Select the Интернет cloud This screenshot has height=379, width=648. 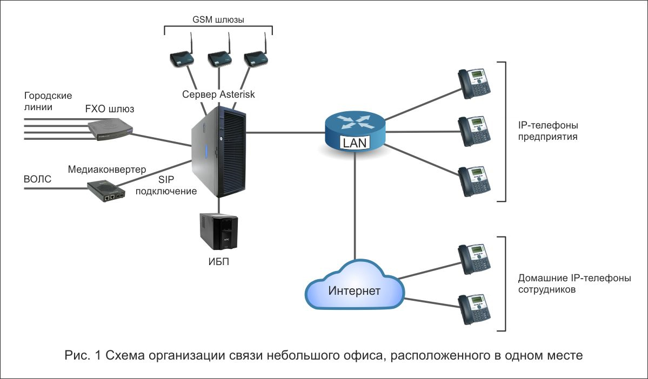pos(355,285)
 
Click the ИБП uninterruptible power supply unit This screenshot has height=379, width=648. pos(219,232)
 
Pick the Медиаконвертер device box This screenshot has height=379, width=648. pos(106,191)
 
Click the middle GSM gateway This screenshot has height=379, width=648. pos(219,58)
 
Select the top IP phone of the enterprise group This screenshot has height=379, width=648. pos(474,83)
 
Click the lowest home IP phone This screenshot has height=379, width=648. pos(474,309)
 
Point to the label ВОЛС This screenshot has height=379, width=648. pos(38,179)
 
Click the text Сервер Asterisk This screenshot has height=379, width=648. pos(219,94)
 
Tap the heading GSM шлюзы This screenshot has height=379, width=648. pos(218,19)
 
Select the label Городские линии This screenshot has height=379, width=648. pos(48,101)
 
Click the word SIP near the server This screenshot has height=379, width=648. pos(166,180)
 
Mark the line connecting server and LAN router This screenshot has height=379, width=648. pos(285,132)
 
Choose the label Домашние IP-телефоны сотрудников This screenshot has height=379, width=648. pos(574,283)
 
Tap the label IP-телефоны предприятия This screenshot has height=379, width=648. pos(548,131)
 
